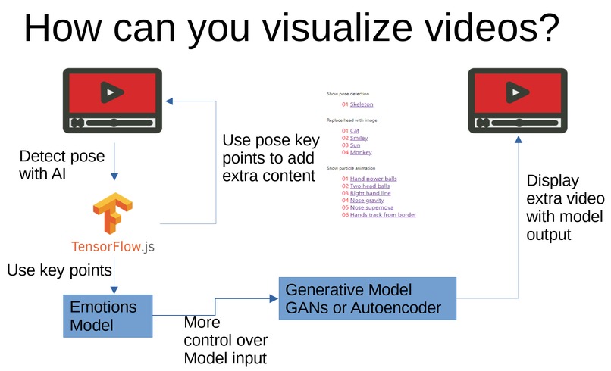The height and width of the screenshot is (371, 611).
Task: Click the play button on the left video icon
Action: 112,92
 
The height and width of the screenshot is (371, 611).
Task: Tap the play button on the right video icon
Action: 516,92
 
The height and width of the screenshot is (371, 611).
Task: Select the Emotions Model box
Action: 108,316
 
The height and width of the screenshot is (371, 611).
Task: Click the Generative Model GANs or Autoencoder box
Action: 368,300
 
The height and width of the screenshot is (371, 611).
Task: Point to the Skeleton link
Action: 362,104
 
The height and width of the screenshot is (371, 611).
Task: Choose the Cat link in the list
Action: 354,130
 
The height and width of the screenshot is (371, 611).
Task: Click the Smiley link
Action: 359,138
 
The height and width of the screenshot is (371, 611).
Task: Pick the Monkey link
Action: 361,152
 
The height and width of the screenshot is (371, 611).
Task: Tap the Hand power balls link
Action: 373,179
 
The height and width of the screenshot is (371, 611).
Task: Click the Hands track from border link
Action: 383,215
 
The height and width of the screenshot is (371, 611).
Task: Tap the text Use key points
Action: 59,270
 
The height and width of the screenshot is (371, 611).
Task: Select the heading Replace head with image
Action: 352,120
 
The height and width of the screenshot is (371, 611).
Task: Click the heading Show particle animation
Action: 351,168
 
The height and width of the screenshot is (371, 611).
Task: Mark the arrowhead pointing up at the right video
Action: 519,139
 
